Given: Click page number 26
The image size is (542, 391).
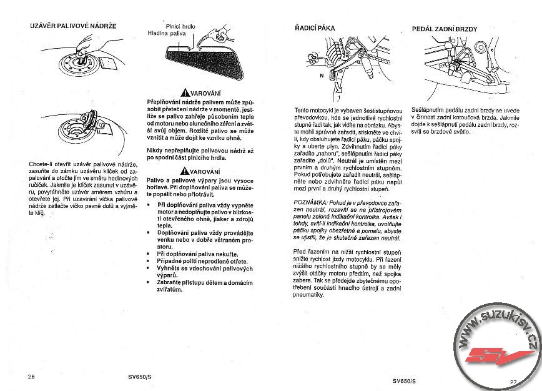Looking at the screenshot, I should [32, 376].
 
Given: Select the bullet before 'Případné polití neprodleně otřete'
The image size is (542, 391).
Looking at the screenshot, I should [149, 261].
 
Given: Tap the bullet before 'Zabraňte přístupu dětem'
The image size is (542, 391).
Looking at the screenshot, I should [149, 282].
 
